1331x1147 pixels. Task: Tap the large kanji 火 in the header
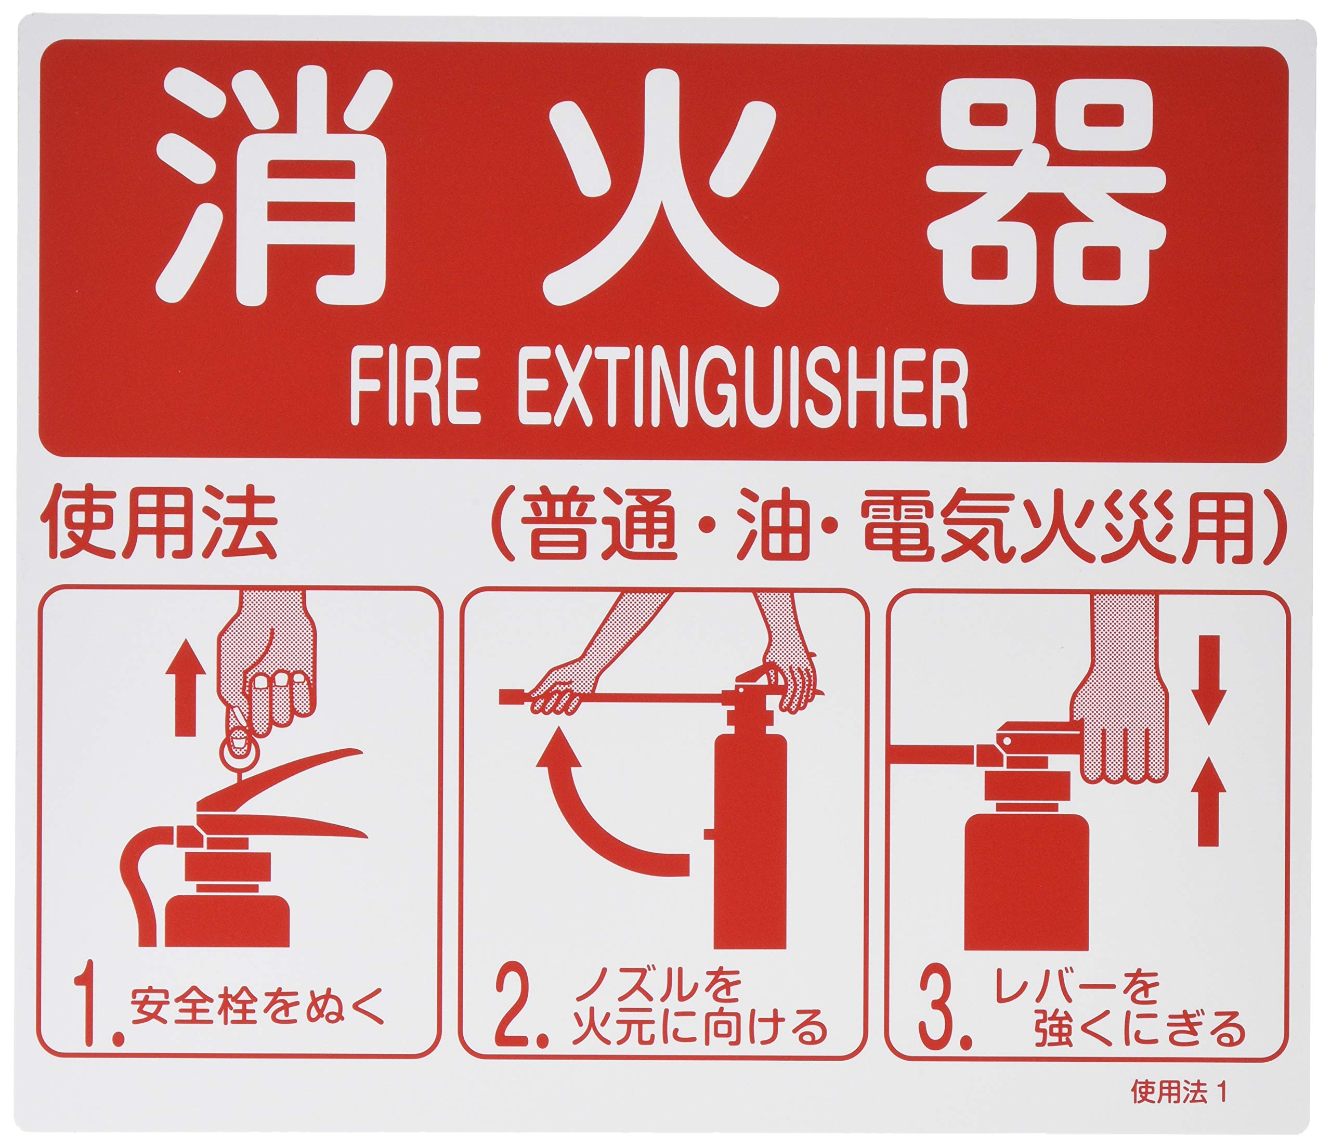[x=662, y=190]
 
